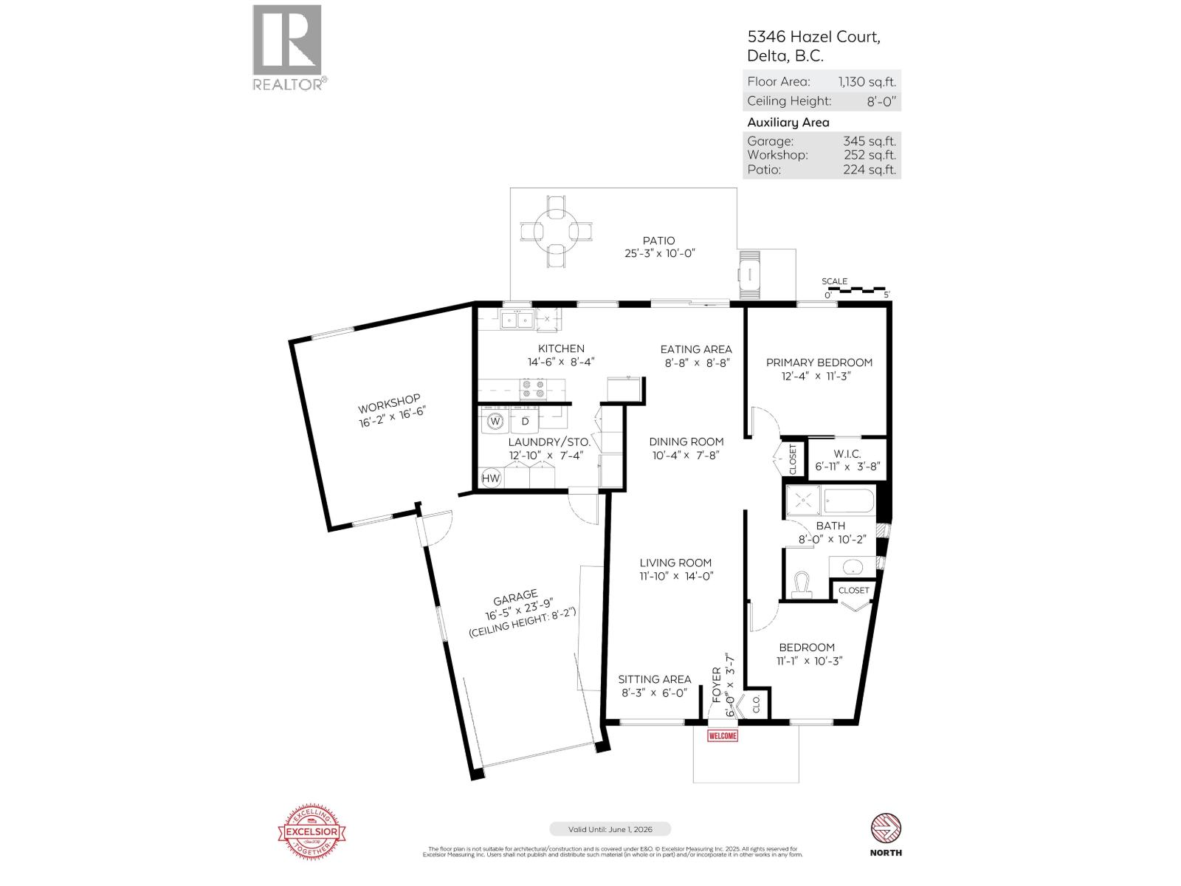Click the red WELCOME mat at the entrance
tap(723, 735)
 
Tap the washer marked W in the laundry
tap(496, 422)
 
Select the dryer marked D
tap(526, 422)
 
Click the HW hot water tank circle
tap(491, 478)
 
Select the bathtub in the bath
tap(849, 501)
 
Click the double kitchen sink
tap(517, 320)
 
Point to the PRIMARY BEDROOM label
tap(819, 363)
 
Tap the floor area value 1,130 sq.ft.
tap(867, 82)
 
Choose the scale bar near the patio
tap(856, 289)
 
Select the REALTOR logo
tap(288, 47)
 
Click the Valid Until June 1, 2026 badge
tap(610, 829)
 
